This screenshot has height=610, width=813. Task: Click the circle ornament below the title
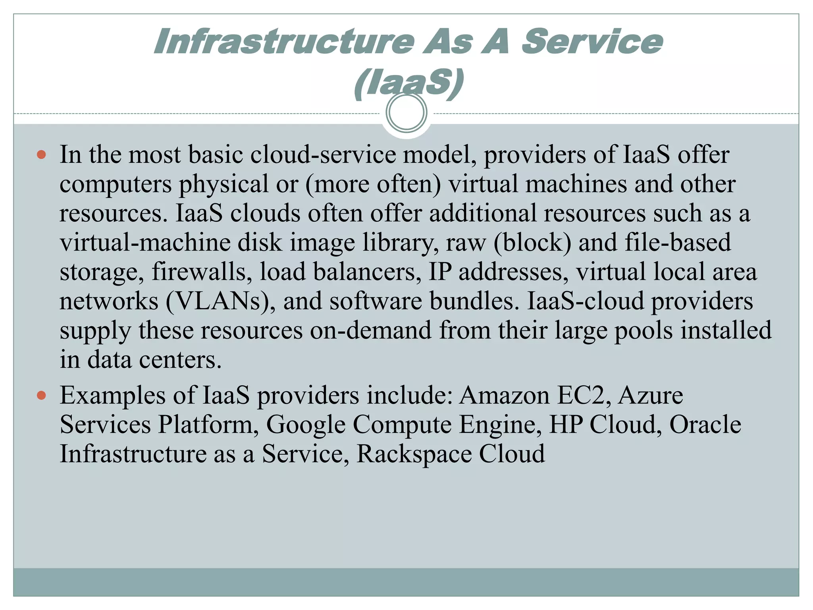point(406,112)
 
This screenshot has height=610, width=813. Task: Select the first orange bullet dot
point(41,154)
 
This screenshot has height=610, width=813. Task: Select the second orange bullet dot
point(41,395)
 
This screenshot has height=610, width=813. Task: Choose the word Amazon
point(504,396)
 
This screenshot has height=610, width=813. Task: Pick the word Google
point(306,425)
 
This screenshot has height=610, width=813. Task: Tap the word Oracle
point(705,425)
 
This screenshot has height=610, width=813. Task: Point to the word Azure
point(651,396)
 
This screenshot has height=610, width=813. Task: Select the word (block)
point(532,243)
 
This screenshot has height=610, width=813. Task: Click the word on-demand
point(370,330)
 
